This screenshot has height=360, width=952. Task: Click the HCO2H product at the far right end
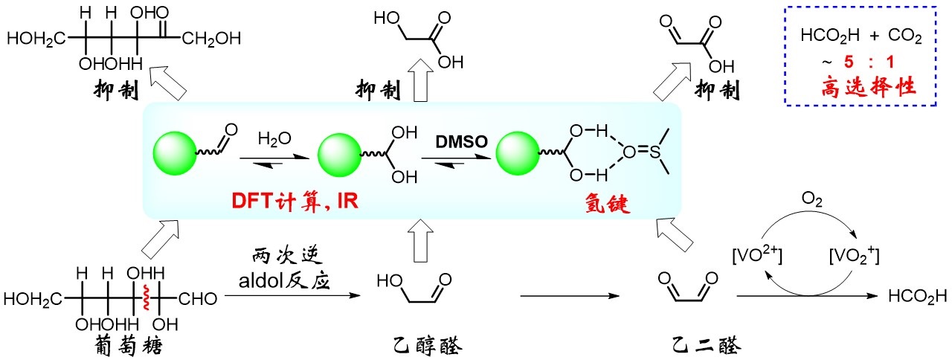(918, 298)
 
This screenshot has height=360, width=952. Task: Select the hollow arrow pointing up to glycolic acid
(420, 86)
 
